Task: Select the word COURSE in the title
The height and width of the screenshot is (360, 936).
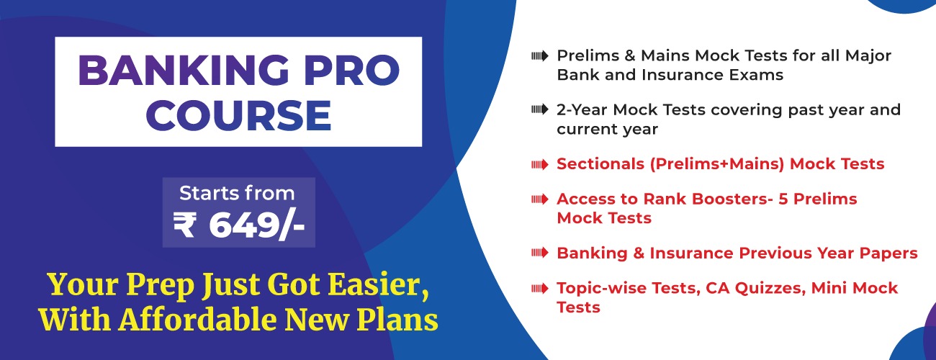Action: [238, 115]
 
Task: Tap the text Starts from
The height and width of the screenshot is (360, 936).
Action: [237, 193]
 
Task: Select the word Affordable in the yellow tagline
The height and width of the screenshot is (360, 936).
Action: [197, 320]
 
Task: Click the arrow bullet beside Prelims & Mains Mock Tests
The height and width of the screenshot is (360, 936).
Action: [540, 56]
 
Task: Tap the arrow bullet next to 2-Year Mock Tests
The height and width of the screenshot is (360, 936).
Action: [540, 110]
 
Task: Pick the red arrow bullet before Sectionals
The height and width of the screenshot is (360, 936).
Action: [540, 165]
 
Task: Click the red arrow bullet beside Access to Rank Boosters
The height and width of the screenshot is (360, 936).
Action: [540, 199]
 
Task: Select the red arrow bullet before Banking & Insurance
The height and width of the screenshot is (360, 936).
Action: [540, 253]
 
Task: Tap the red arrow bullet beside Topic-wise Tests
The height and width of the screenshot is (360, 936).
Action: [540, 288]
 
